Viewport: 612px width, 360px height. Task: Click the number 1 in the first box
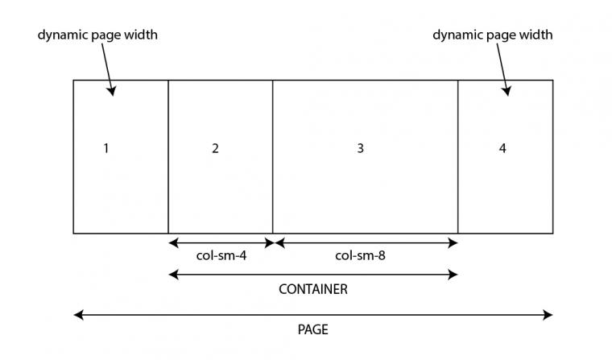[x=105, y=148]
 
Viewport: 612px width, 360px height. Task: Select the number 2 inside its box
[x=215, y=148]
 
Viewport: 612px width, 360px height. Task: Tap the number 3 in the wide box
[x=360, y=148]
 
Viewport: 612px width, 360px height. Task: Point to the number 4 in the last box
[x=502, y=148]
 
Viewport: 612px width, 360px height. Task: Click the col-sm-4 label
[x=221, y=256]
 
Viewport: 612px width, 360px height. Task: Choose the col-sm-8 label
[x=360, y=256]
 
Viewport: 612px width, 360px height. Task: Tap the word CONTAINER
[x=313, y=289]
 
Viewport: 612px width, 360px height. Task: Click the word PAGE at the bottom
[x=313, y=329]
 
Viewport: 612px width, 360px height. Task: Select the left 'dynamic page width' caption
[x=97, y=35]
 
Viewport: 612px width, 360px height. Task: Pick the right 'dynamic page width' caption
[x=493, y=35]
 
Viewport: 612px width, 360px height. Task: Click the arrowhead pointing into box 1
[x=112, y=91]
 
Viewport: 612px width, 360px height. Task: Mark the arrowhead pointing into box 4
[x=507, y=91]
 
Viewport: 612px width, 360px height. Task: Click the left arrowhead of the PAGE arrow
[x=78, y=315]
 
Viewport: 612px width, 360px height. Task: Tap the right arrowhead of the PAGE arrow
[x=548, y=315]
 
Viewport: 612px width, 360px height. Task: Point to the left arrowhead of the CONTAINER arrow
[x=173, y=275]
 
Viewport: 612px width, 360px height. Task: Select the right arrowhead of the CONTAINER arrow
[x=453, y=275]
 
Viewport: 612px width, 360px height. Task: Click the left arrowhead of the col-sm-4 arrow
[x=173, y=243]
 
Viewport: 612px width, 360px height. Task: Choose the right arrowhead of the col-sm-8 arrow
[x=453, y=243]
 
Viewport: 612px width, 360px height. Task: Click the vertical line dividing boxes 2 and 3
[x=272, y=157]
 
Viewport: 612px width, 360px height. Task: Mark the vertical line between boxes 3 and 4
[x=458, y=157]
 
